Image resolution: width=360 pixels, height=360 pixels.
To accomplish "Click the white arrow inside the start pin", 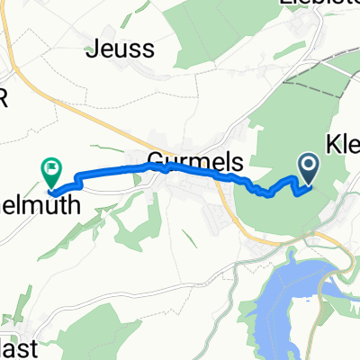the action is click(x=309, y=163).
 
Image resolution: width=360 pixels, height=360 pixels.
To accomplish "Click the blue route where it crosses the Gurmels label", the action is click(x=180, y=168).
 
